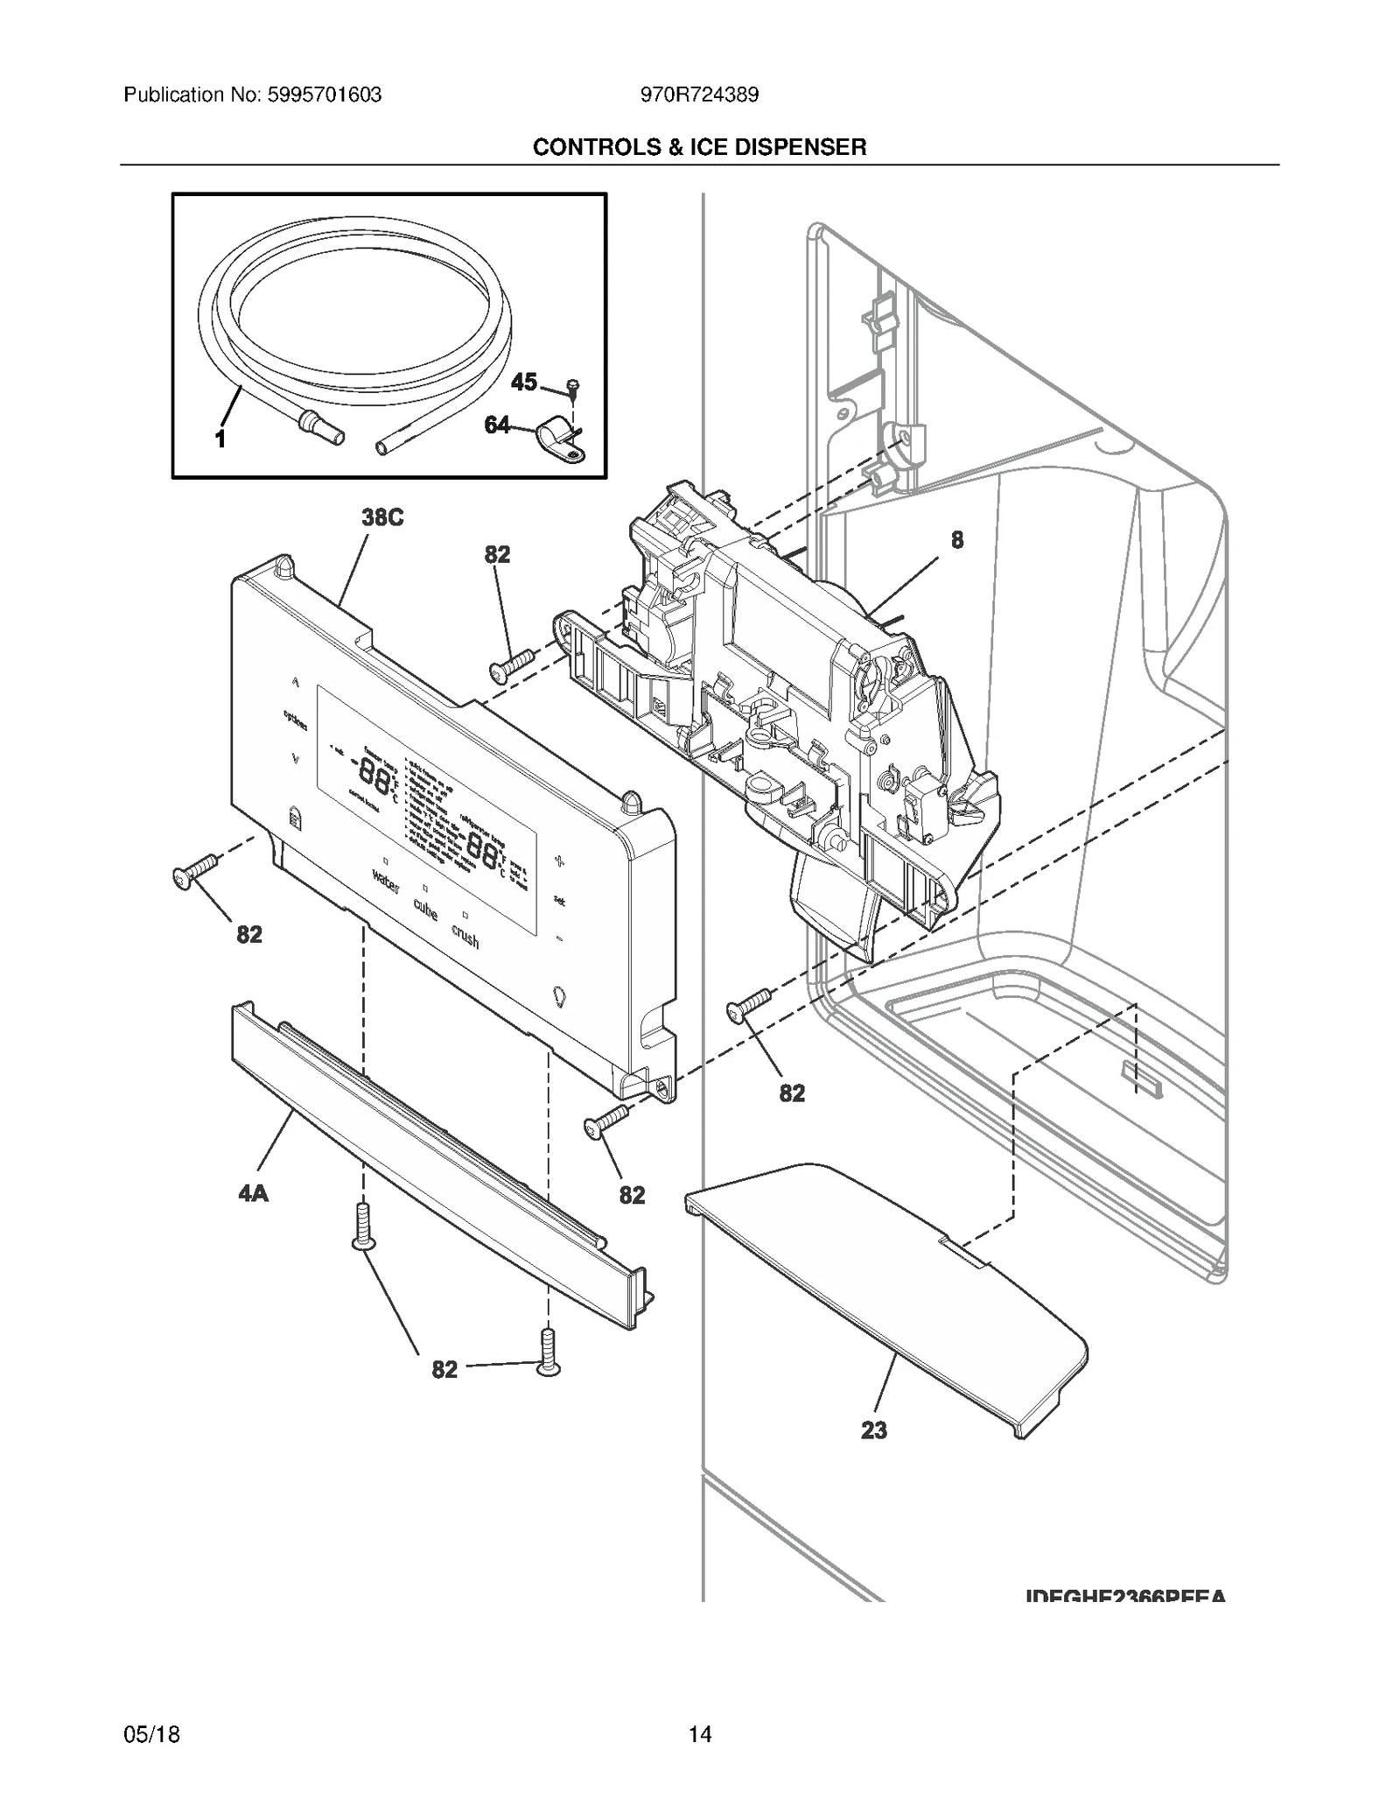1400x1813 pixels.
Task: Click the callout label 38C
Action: (382, 517)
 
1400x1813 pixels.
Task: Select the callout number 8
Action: (956, 540)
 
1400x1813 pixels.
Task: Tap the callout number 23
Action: (873, 1430)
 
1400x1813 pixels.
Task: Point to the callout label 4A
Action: (253, 1192)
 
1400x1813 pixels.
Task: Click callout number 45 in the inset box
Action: (523, 382)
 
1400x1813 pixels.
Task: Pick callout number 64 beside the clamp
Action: (497, 425)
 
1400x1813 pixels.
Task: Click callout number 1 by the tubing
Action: (220, 439)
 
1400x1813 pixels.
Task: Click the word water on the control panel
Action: (385, 882)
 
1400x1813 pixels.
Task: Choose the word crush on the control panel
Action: (465, 936)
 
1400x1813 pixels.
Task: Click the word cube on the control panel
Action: (424, 909)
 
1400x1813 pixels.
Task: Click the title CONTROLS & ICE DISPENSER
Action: (699, 147)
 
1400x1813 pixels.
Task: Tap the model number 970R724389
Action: (699, 95)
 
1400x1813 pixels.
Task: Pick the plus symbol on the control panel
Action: (559, 861)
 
